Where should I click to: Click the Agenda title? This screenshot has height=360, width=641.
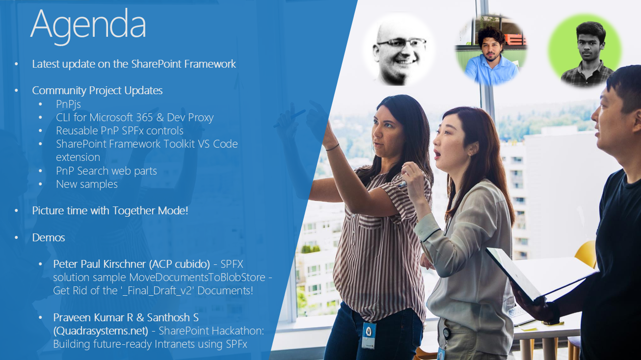point(88,26)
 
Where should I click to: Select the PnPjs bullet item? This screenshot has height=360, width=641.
point(68,104)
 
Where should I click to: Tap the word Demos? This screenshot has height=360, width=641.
point(49,237)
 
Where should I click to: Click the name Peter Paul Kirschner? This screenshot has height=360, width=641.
point(100,264)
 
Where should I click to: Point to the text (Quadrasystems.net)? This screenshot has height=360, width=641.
point(101,331)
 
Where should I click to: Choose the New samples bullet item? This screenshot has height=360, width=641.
point(87,184)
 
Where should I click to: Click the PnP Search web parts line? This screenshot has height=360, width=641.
point(107,171)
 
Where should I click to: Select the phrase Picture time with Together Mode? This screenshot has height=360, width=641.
point(110,211)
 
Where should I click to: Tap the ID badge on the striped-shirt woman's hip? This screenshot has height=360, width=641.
point(369,335)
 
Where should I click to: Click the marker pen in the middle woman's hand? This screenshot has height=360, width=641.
point(403,184)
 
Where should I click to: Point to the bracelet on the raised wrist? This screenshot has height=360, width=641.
point(332,147)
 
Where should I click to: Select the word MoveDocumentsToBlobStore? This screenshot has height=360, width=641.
point(197,278)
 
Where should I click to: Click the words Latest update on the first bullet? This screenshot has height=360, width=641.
point(63,64)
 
